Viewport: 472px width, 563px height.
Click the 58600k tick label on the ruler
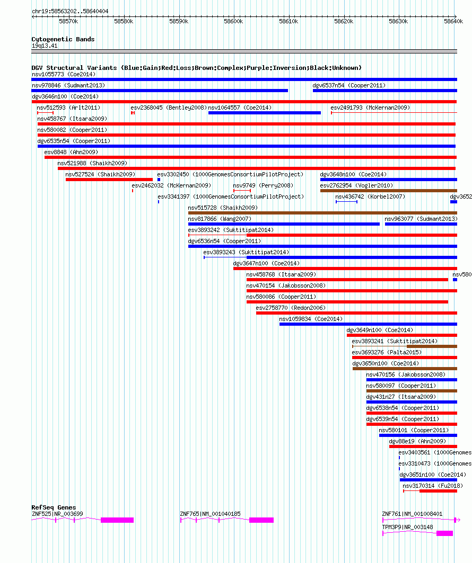[233, 22]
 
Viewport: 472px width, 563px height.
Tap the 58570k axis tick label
[68, 22]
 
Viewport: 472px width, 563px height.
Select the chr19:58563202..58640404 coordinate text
[70, 11]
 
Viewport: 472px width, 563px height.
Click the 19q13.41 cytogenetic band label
[45, 46]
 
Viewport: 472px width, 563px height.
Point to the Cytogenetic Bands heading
[63, 39]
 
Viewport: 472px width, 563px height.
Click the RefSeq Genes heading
[54, 507]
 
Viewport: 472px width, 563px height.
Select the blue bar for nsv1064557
[265, 113]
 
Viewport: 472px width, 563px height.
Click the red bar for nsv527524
[109, 180]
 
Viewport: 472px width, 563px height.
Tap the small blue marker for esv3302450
[159, 180]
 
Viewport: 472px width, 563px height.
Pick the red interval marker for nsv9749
[242, 191]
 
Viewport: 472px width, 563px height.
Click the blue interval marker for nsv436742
[346, 202]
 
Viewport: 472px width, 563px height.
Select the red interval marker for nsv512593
[46, 113]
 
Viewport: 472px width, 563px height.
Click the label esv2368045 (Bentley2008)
[169, 108]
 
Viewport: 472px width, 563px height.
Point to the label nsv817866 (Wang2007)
[220, 219]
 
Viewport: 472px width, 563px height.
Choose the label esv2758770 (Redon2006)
[291, 308]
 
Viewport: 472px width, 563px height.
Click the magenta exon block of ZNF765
[261, 520]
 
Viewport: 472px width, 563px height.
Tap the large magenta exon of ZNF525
[117, 520]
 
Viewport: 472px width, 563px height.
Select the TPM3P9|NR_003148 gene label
[408, 527]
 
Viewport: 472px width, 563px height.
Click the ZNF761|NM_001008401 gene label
[412, 514]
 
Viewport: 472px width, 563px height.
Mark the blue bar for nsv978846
[160, 91]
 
